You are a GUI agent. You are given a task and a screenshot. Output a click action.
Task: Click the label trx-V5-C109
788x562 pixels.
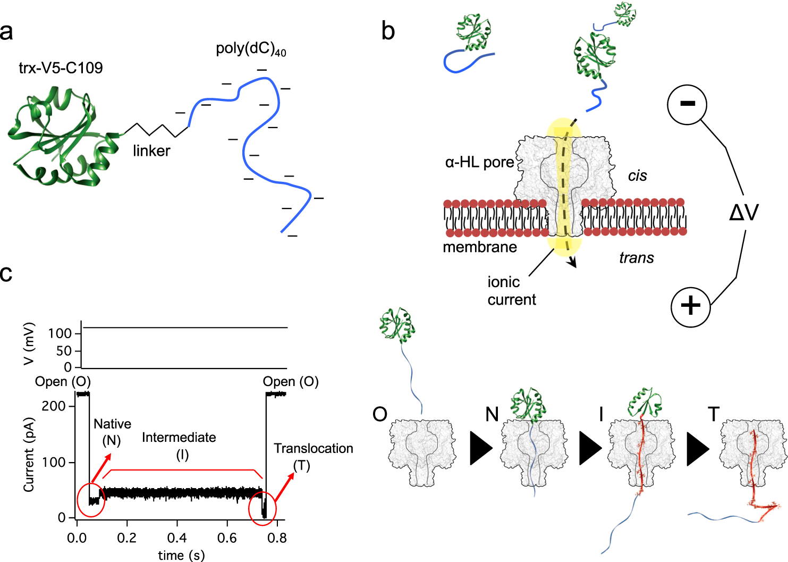(61, 68)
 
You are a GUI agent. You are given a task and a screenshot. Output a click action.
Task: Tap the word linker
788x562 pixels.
(151, 151)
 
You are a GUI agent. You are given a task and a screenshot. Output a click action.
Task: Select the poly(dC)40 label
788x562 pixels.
(250, 49)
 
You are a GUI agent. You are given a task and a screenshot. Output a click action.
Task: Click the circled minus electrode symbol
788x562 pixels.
(687, 104)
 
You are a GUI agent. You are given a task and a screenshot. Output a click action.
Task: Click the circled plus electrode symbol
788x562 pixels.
(691, 306)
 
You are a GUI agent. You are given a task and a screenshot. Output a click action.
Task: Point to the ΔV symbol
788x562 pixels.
(744, 213)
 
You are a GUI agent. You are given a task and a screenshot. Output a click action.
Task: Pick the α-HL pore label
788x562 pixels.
(479, 162)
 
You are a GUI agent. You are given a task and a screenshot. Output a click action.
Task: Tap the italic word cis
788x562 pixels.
(637, 176)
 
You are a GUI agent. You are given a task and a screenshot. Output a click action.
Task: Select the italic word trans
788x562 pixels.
(636, 258)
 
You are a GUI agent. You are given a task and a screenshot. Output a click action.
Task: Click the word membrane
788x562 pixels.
(479, 247)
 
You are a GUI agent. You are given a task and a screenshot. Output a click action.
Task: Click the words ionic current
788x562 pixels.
(511, 291)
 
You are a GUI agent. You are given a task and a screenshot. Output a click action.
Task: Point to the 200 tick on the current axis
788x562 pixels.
(53, 406)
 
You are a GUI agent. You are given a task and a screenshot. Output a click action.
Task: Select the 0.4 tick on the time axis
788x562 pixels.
(177, 538)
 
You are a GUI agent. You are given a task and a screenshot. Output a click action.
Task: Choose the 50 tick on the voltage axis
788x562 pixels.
(64, 351)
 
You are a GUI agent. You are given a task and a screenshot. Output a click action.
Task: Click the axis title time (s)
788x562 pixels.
(181, 555)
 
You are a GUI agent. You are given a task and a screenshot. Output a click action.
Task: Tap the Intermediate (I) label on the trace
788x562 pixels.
(179, 446)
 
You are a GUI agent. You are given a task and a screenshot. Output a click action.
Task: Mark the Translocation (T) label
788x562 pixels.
(313, 456)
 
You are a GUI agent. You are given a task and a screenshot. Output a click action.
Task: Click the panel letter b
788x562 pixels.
(388, 32)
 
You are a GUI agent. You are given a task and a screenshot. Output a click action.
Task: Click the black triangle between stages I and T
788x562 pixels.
(698, 448)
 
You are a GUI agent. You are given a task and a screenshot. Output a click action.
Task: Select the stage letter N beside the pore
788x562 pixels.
(492, 414)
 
